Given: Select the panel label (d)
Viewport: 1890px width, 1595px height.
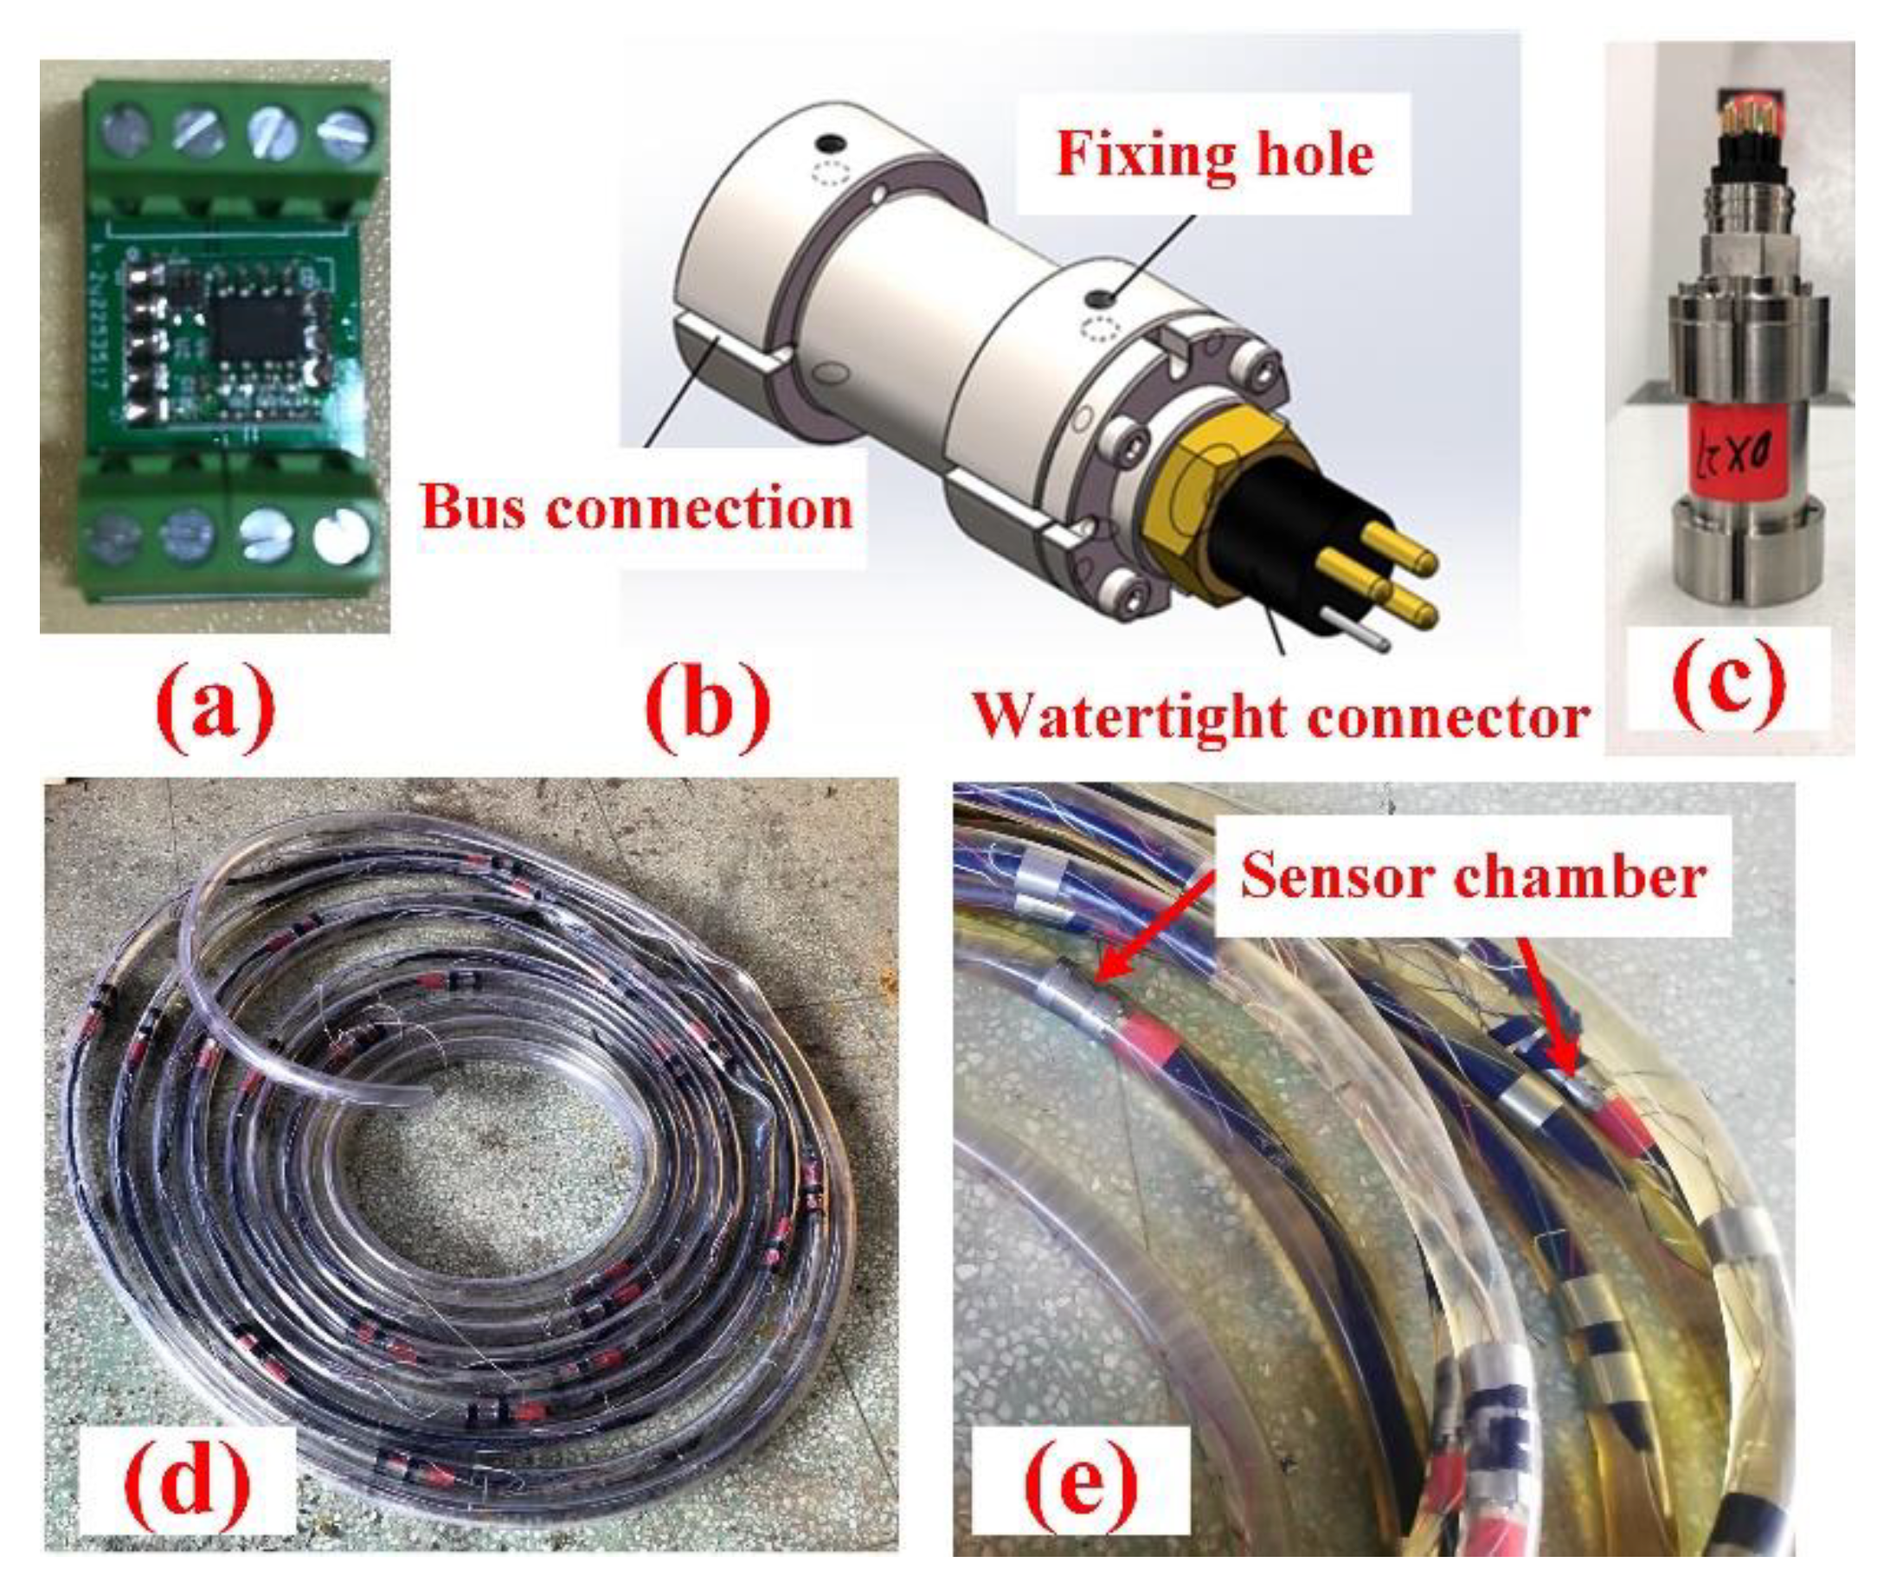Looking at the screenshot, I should (x=187, y=1481).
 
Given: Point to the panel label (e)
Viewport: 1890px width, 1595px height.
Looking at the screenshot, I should (x=1081, y=1481).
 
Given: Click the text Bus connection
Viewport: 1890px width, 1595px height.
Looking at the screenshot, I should (x=638, y=507).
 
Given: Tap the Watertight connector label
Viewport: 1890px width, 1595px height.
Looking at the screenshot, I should (x=1282, y=716).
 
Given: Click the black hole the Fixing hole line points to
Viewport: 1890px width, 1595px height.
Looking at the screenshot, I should (x=1100, y=298).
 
